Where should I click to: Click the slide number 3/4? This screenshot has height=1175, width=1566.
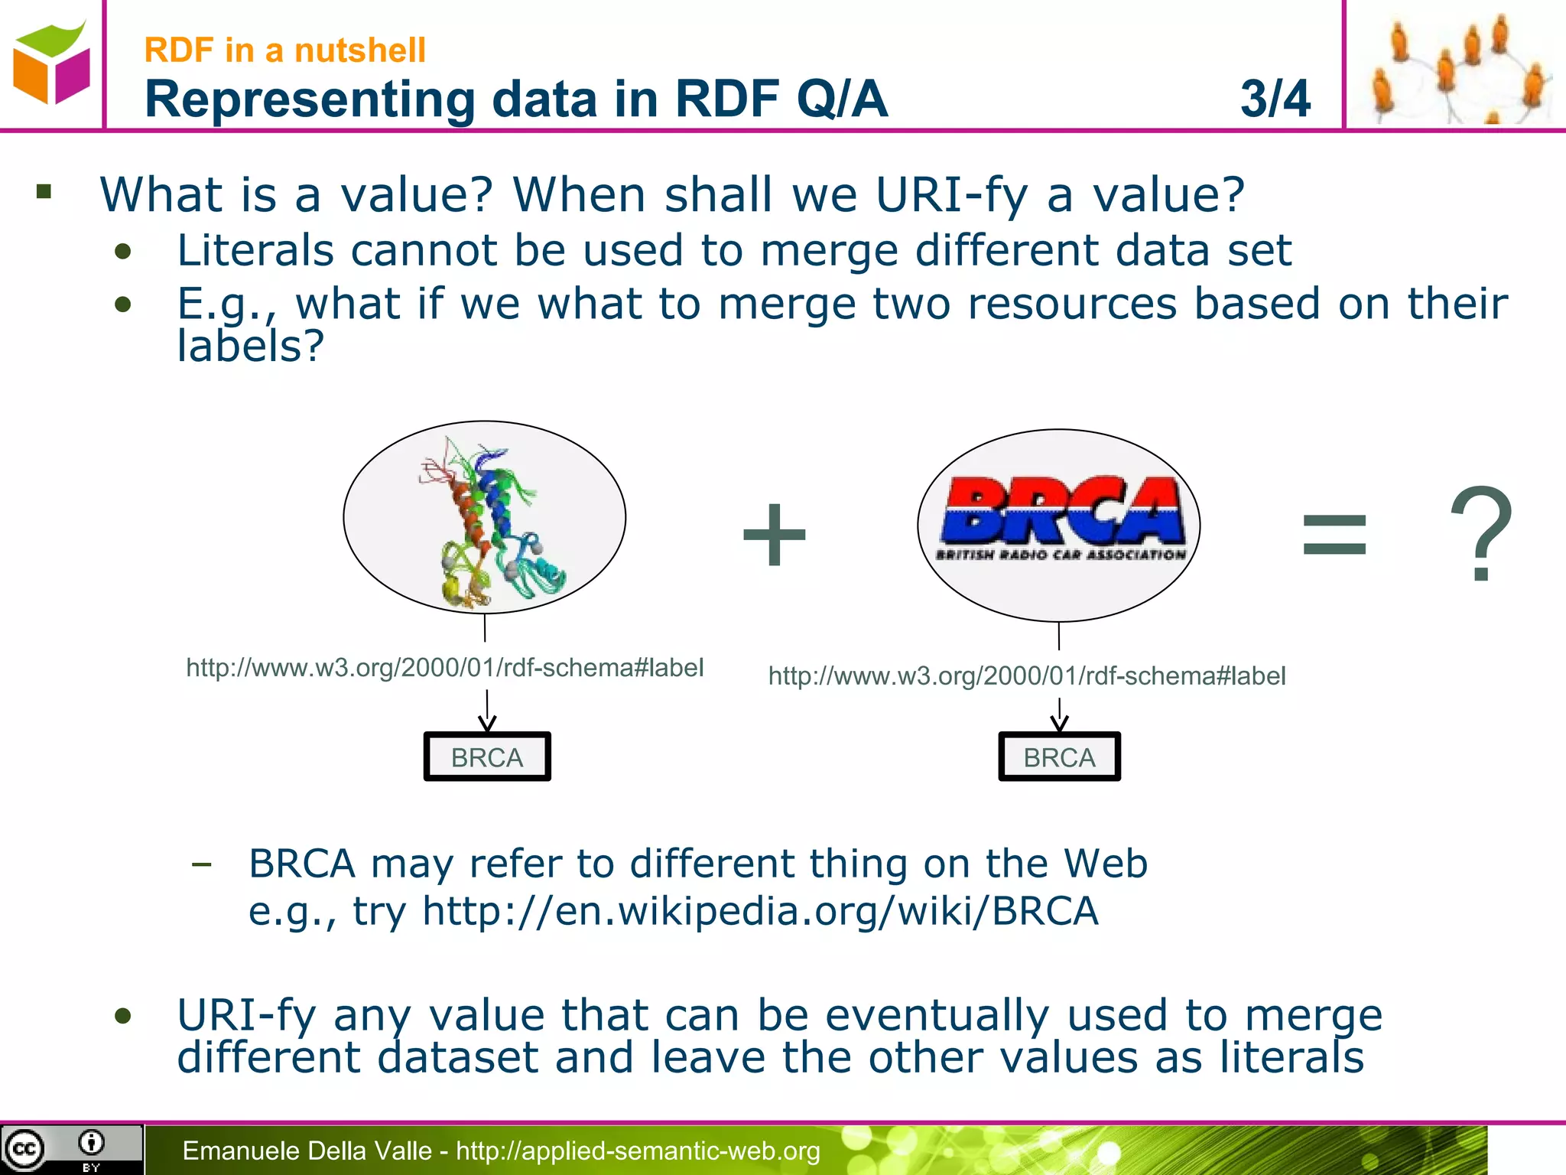1275,99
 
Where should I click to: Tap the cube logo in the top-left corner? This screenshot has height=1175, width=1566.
51,64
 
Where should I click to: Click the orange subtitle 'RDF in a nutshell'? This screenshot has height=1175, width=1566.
284,50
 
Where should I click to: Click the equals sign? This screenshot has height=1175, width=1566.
1334,535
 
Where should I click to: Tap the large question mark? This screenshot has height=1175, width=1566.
1480,534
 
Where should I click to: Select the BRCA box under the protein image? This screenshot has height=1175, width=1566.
487,757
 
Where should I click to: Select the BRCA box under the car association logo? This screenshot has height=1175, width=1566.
1059,757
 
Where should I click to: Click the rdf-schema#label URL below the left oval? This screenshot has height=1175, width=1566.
444,668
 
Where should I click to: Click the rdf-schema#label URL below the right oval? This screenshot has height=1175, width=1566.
1026,676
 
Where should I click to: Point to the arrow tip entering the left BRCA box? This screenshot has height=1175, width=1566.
487,727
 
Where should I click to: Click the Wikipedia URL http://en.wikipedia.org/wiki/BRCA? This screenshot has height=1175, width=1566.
760,912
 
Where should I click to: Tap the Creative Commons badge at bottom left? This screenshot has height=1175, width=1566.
70,1150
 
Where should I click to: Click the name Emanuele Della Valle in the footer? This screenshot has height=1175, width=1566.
307,1151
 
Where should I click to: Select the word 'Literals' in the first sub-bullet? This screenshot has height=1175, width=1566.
255,251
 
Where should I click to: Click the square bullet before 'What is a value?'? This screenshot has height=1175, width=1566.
44,191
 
